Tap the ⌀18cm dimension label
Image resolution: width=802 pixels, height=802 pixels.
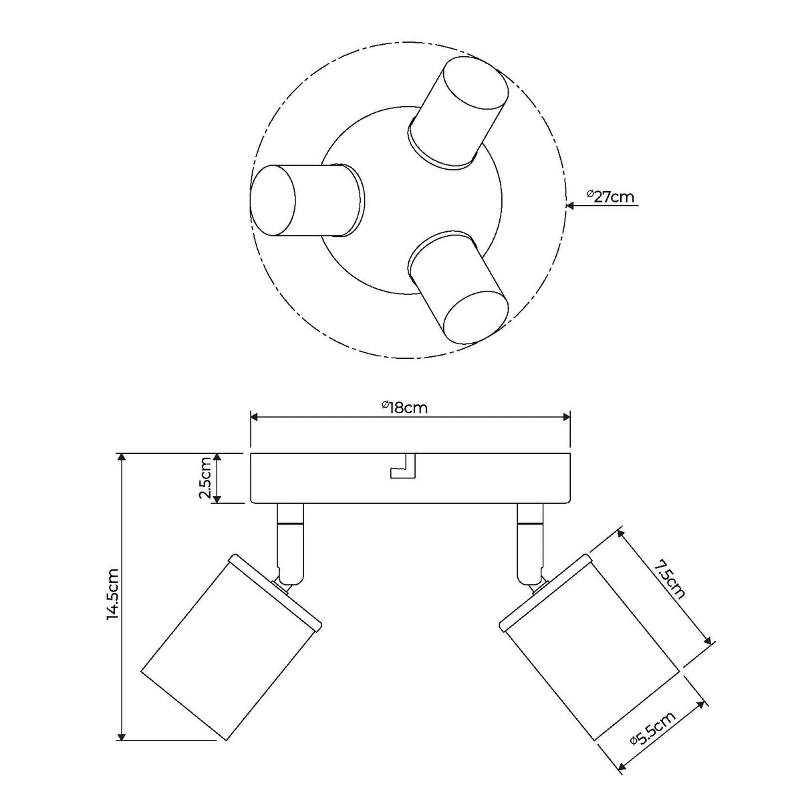[x=405, y=408]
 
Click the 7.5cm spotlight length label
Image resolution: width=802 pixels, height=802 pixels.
[x=669, y=581]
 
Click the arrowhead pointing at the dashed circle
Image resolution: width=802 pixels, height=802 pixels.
[x=571, y=205]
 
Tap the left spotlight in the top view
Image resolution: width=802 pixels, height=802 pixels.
[x=307, y=201]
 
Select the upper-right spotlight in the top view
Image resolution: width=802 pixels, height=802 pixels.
[x=458, y=113]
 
